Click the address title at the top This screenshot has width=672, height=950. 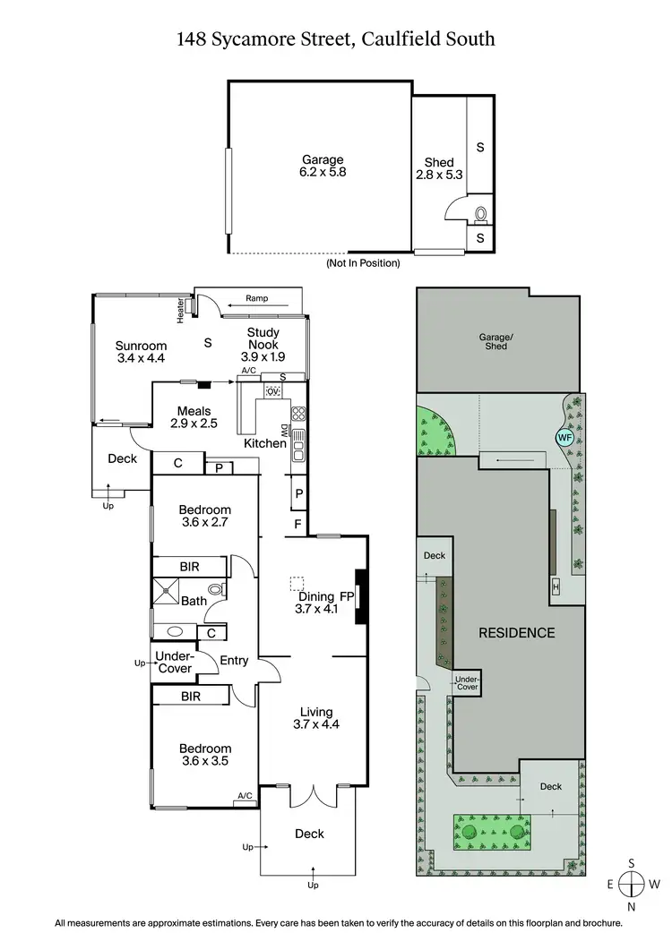(336, 39)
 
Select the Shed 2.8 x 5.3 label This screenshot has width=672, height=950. (439, 169)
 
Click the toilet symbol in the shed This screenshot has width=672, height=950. (481, 214)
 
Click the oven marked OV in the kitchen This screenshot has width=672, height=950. (273, 392)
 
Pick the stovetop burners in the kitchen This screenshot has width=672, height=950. (299, 414)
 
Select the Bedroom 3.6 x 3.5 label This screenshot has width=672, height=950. (205, 756)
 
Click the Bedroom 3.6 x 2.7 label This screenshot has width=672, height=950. (205, 517)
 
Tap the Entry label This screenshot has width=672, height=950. (234, 661)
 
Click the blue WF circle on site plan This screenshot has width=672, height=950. (564, 437)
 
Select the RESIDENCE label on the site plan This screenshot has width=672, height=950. (516, 632)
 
